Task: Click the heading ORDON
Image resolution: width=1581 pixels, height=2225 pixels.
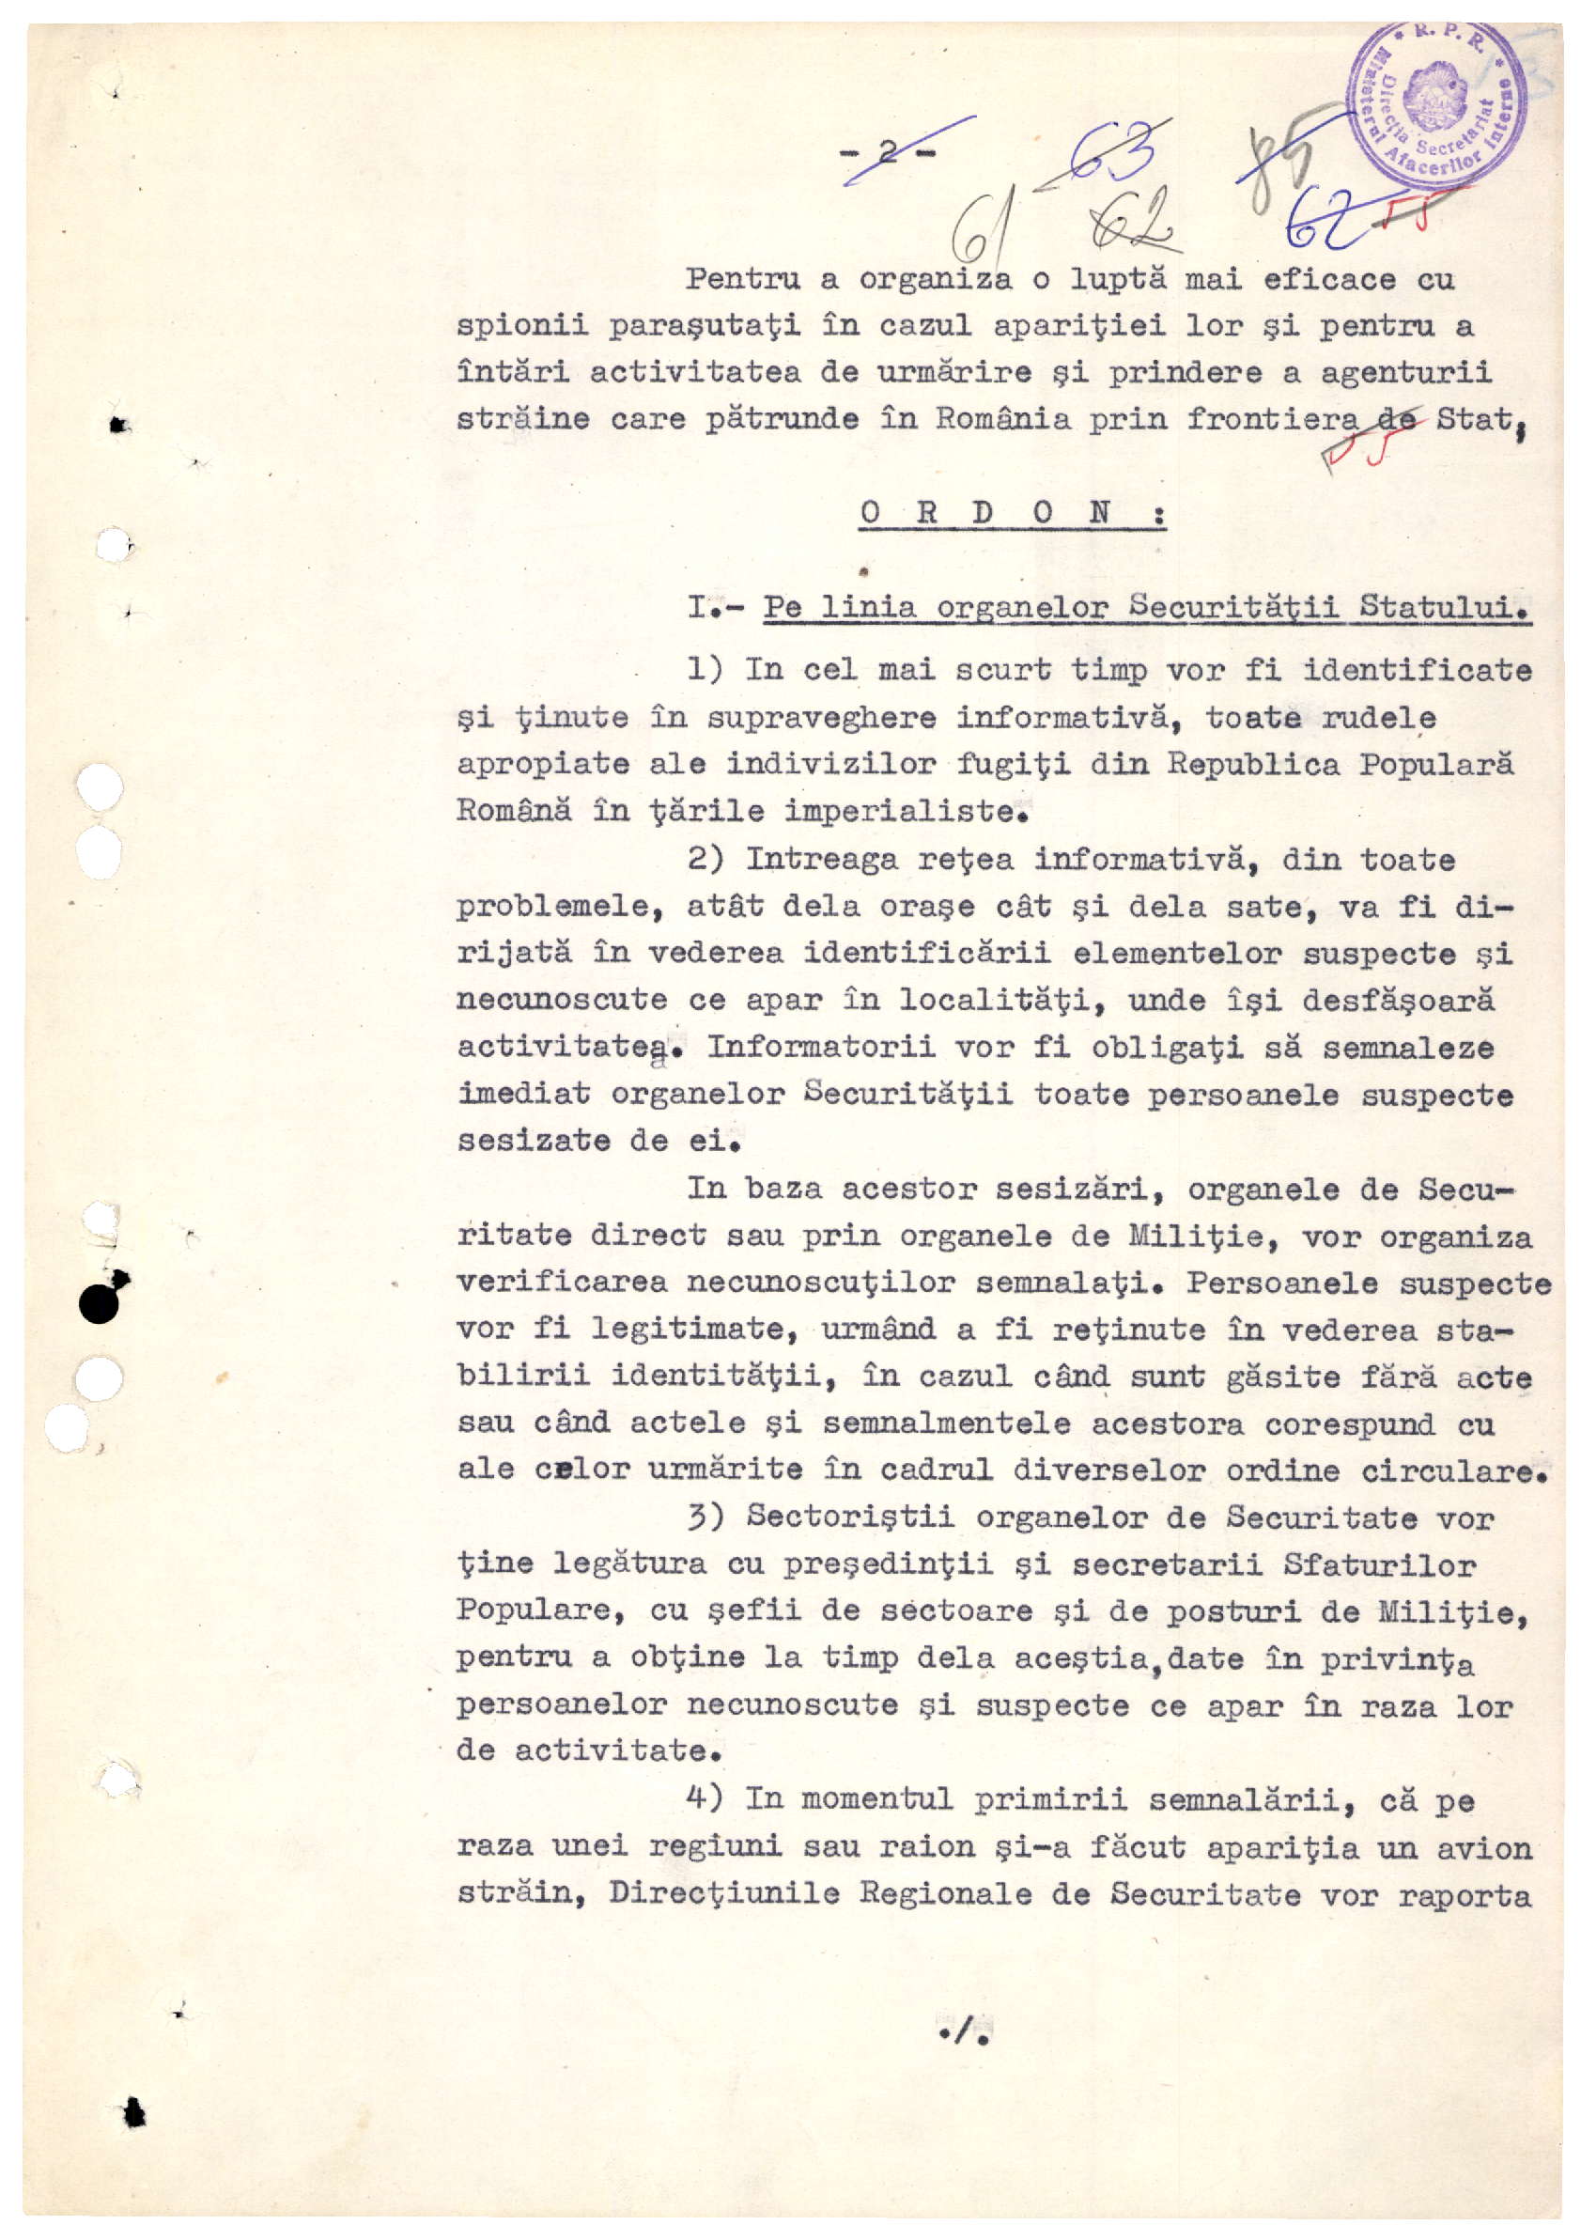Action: tap(1012, 512)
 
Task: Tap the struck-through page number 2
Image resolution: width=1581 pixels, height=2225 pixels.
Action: tap(888, 151)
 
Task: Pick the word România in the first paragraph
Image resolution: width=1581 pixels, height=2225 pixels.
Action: tap(1002, 419)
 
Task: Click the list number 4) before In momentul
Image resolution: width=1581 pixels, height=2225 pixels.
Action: tap(705, 1797)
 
